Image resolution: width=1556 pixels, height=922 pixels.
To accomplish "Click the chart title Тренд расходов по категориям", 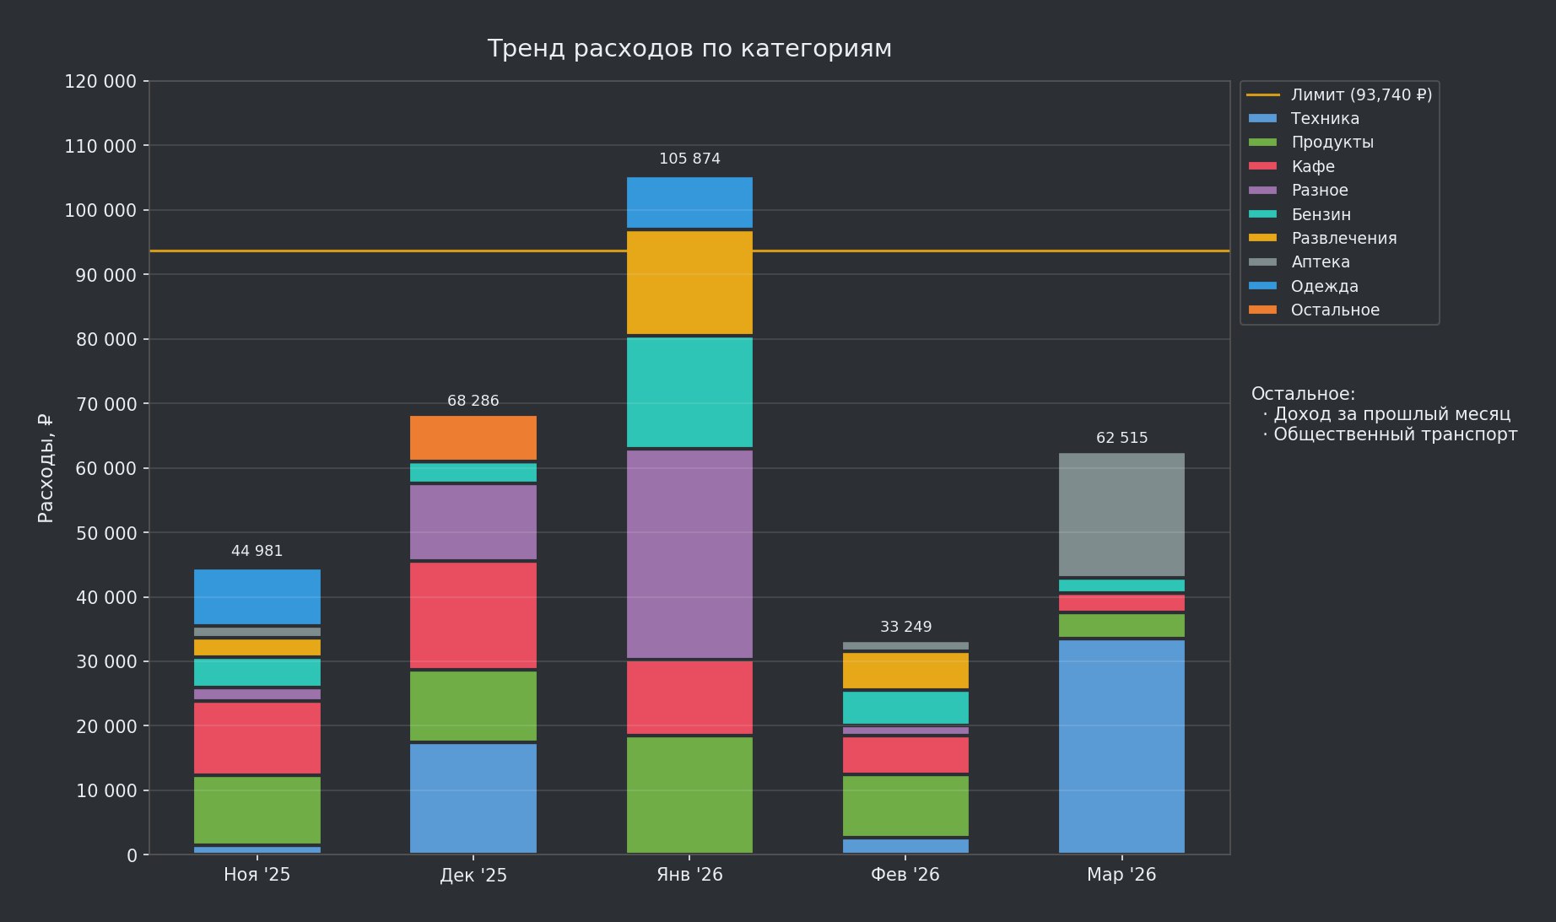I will (689, 49).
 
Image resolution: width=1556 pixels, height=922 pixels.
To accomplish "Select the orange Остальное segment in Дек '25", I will (473, 438).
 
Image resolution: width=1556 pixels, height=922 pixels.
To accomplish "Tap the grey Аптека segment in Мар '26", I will (1121, 515).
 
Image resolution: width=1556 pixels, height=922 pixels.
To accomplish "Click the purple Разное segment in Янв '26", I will (689, 553).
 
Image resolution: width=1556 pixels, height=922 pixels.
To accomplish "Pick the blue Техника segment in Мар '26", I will (1121, 746).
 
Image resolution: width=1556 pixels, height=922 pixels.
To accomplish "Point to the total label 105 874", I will (689, 159).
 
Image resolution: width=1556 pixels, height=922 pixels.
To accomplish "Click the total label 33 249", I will (905, 627).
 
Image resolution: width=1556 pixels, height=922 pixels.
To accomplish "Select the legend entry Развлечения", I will (1343, 239).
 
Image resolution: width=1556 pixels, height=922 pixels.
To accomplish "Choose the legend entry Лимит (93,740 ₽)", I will (1360, 95).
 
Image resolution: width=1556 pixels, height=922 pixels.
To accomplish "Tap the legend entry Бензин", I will (1321, 215).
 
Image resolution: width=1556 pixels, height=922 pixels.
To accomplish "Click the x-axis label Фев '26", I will (905, 875).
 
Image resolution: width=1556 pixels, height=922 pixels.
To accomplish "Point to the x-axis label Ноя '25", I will (257, 875).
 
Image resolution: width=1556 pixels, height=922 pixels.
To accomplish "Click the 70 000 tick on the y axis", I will (100, 404).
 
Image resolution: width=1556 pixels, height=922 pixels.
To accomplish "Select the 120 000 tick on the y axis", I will (100, 82).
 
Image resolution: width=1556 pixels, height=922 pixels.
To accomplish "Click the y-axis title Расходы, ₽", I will (46, 468).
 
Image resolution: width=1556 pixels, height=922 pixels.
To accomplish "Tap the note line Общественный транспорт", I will (1394, 434).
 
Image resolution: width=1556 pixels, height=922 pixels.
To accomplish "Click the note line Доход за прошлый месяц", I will (1391, 414).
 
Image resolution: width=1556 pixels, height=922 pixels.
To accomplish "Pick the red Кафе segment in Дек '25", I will (473, 615).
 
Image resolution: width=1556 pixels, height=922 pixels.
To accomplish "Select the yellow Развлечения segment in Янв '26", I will (689, 283).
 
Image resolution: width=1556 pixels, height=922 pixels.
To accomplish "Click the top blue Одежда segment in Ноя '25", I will (257, 596).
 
